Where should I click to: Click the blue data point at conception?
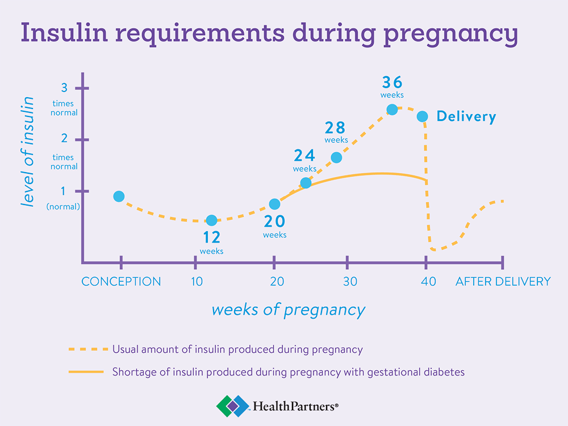[x=119, y=197]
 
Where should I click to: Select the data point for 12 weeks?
[x=211, y=220]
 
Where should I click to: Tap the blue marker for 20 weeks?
[x=274, y=204]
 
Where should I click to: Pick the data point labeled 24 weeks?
[x=306, y=183]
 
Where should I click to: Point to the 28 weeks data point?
[x=336, y=157]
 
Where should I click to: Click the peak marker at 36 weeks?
[x=392, y=109]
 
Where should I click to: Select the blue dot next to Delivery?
[x=422, y=116]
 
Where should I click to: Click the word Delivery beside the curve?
[x=466, y=117]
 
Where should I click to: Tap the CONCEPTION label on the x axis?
[x=121, y=281]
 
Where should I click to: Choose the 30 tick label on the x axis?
[x=349, y=281]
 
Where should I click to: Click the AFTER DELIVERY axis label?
[x=503, y=281]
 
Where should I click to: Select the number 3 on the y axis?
[x=64, y=88]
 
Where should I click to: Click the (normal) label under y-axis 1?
[x=63, y=207]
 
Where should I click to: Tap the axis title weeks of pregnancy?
[x=288, y=310]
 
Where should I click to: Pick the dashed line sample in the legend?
[x=86, y=349]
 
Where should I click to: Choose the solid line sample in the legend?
[x=86, y=372]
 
